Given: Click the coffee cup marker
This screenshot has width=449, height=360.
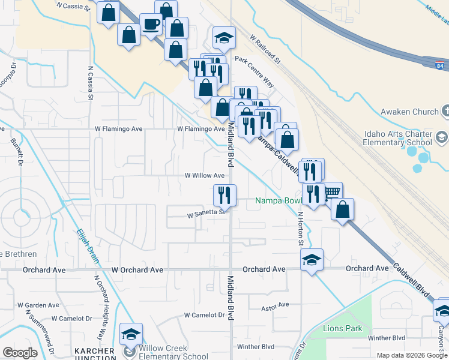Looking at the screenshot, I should pyautogui.click(x=151, y=25).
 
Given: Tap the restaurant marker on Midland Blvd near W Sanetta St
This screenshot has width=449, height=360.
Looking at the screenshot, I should pyautogui.click(x=224, y=195).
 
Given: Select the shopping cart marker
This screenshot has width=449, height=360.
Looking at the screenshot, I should pyautogui.click(x=332, y=193).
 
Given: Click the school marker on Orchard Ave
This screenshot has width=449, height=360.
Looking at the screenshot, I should pyautogui.click(x=312, y=260).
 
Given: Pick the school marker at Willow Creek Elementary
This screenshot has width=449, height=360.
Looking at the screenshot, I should pyautogui.click(x=130, y=334).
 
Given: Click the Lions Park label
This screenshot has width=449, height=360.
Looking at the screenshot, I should pyautogui.click(x=343, y=328).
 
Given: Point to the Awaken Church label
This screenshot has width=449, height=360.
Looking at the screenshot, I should pyautogui.click(x=409, y=111).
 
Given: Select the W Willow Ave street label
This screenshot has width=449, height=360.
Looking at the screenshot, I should pyautogui.click(x=204, y=175).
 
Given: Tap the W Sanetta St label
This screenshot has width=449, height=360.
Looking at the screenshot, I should pyautogui.click(x=205, y=212).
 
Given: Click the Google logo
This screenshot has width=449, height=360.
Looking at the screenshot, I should pyautogui.click(x=20, y=353).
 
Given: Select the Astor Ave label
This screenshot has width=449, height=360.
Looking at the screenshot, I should pyautogui.click(x=275, y=307).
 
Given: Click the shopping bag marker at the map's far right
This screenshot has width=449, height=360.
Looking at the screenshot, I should pyautogui.click(x=342, y=211).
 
